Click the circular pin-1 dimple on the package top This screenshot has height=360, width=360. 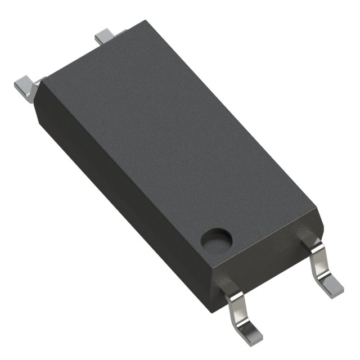click(x=216, y=238)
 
